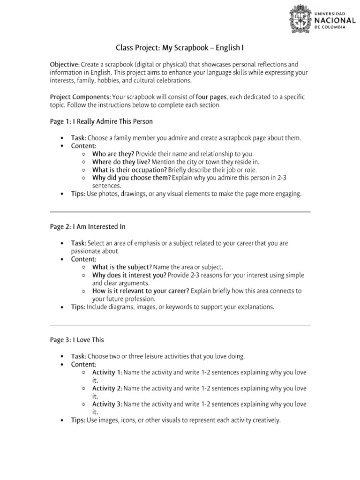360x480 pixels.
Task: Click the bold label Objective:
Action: point(65,64)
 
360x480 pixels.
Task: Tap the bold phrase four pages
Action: point(211,97)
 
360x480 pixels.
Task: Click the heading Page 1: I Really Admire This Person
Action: point(101,121)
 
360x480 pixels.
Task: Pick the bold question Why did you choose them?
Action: point(131,178)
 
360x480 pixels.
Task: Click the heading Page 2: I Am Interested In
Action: point(88,226)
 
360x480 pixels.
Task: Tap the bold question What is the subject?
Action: point(122,267)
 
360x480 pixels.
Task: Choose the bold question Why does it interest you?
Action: point(129,275)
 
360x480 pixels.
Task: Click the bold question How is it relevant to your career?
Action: point(141,291)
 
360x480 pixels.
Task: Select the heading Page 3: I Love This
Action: point(77,340)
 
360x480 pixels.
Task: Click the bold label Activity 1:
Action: point(107,372)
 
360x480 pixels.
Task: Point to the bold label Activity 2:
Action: point(107,388)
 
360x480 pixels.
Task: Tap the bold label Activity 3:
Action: point(107,404)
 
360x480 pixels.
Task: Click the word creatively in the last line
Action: point(266,420)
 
